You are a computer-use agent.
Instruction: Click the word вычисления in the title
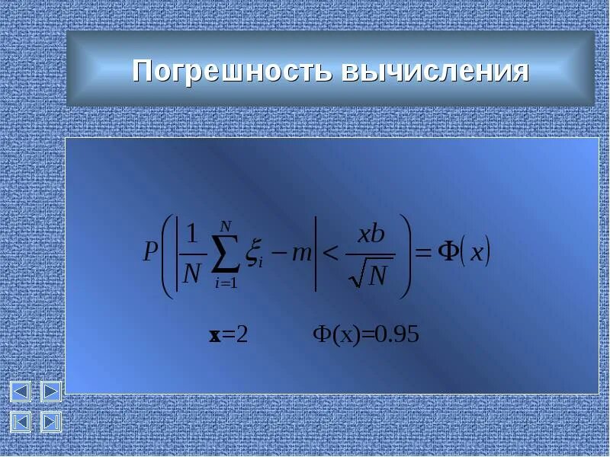click(x=435, y=71)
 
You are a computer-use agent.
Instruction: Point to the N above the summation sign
click(x=225, y=225)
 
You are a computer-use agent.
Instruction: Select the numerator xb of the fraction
click(x=371, y=235)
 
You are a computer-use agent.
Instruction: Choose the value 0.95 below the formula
click(x=398, y=335)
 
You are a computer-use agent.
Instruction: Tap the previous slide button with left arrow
click(x=20, y=392)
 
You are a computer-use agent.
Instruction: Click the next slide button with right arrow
click(x=50, y=392)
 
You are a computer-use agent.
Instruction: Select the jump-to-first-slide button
click(x=20, y=421)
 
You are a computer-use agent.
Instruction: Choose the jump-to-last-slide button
click(x=50, y=421)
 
